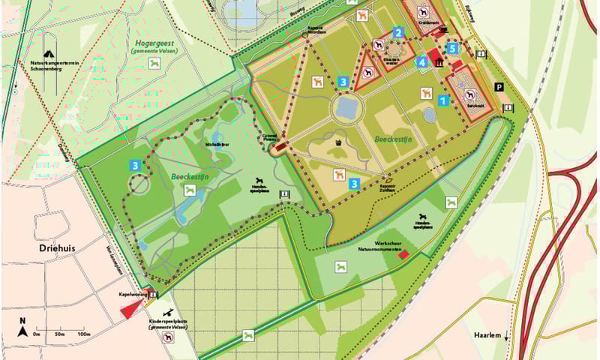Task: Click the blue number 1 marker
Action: click(443, 100)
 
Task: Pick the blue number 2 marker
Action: click(399, 32)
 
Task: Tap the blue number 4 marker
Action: click(423, 62)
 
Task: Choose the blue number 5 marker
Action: click(452, 49)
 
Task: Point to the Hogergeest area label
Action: click(154, 45)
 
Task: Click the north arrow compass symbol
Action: click(23, 327)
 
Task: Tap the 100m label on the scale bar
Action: click(83, 334)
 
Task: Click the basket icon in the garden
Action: click(340, 141)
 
